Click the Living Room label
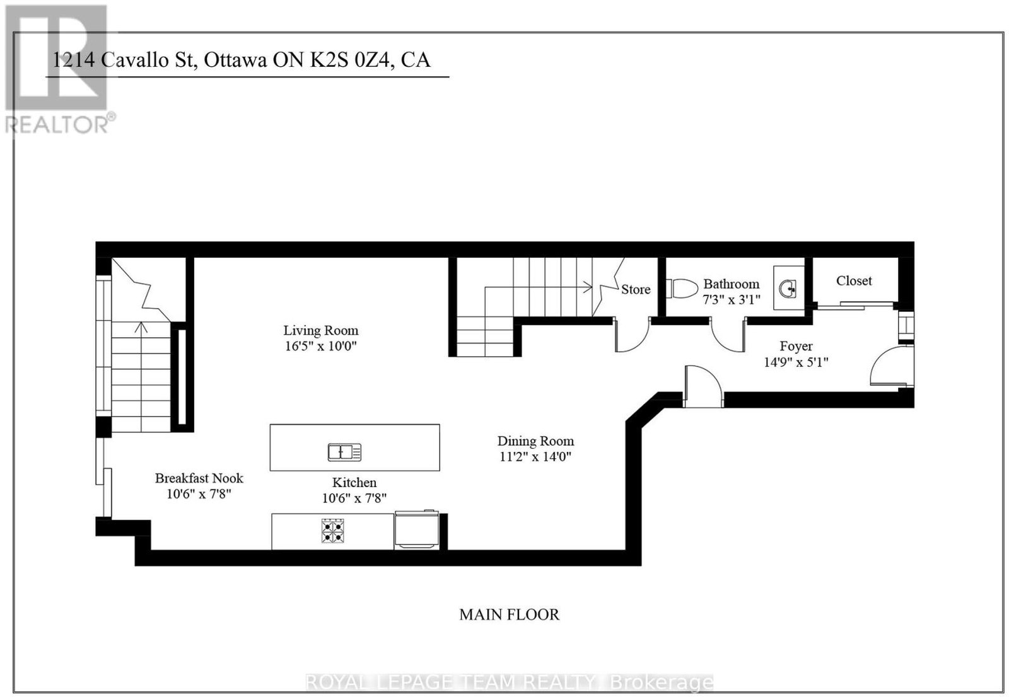[321, 330]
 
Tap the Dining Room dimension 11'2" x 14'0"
[535, 456]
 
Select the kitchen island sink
[344, 452]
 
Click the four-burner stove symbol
[333, 531]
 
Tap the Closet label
[854, 280]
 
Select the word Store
[636, 289]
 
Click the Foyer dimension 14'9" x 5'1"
[796, 362]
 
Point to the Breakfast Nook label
[199, 478]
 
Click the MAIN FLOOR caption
[509, 614]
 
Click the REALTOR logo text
[57, 124]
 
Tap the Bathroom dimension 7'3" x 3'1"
[731, 299]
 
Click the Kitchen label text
[354, 482]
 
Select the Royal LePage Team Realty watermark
[509, 682]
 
